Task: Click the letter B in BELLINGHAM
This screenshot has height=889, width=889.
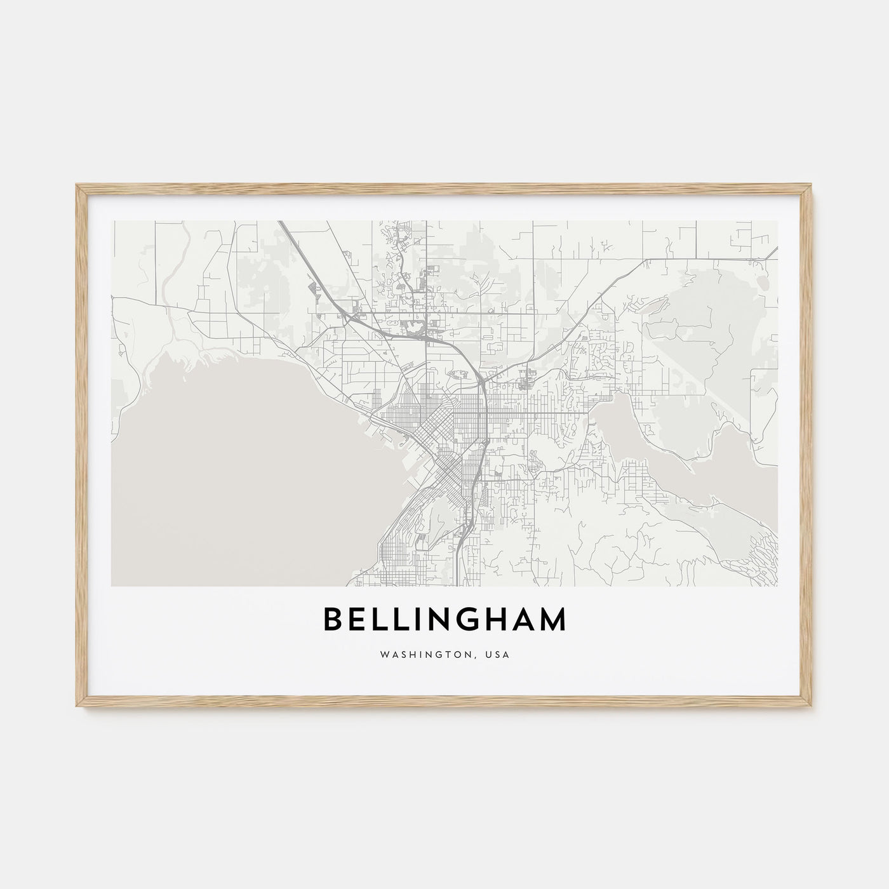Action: [x=335, y=620]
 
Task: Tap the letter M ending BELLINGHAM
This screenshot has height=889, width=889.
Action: [x=549, y=620]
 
